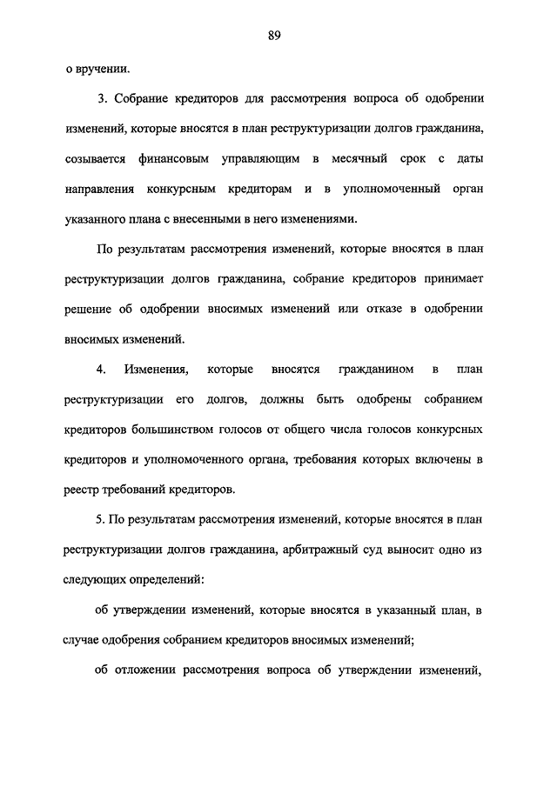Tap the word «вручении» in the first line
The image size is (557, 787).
click(x=104, y=68)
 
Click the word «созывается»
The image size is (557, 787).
click(x=94, y=160)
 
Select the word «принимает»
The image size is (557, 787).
click(x=460, y=279)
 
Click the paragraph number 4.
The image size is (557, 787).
click(x=100, y=370)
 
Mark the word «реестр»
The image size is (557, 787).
click(x=81, y=490)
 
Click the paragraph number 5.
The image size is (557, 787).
click(x=100, y=520)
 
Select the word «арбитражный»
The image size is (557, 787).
click(x=340, y=550)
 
